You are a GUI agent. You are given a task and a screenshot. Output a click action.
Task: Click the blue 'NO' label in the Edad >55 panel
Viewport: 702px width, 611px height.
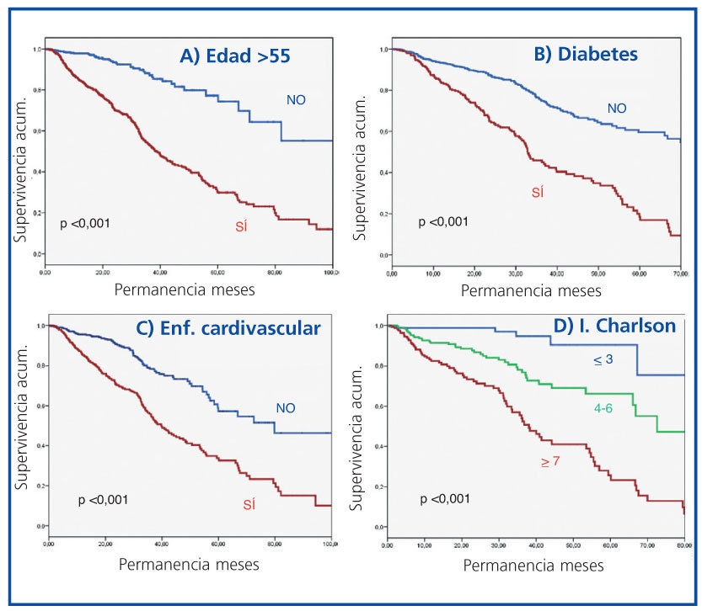(x=296, y=100)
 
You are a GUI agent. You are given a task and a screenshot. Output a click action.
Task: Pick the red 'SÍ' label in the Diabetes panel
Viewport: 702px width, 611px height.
(x=537, y=193)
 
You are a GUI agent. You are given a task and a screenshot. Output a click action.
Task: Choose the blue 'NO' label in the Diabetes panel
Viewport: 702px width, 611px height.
(x=617, y=108)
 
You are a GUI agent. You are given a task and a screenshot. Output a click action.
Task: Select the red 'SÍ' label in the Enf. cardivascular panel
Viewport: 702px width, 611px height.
(x=249, y=505)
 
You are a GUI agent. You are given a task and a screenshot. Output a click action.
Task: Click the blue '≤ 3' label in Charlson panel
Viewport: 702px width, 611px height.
(x=603, y=359)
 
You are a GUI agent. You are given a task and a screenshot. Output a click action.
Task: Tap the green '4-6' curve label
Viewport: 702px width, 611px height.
(x=602, y=407)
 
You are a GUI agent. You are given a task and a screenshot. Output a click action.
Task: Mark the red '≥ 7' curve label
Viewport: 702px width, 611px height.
(x=550, y=462)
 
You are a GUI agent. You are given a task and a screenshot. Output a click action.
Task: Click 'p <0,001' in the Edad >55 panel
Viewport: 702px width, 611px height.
(x=85, y=224)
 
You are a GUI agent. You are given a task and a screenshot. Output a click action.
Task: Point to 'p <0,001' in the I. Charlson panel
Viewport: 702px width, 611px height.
(x=446, y=500)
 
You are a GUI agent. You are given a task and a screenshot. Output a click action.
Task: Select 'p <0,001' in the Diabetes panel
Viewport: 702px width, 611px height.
(x=444, y=221)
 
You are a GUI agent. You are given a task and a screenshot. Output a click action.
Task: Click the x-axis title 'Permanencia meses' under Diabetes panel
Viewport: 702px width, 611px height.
(x=531, y=290)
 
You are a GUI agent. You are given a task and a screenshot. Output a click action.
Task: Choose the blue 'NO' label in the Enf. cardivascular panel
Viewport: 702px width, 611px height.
(x=286, y=408)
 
